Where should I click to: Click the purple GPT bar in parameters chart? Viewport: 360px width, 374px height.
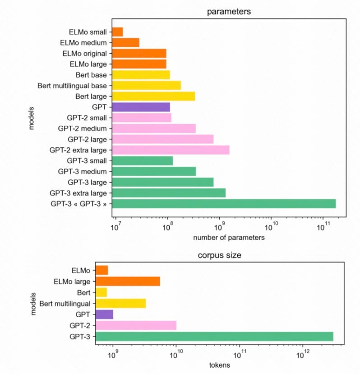140,107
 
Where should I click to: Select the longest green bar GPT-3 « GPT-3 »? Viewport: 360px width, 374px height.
223,204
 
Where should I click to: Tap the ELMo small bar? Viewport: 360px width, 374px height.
117,32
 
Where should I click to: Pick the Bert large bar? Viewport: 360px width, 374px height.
153,96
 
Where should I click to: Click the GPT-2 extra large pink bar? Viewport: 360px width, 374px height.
170,150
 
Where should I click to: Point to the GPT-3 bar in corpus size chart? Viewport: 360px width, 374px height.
214,336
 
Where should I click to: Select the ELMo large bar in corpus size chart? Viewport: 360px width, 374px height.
128,281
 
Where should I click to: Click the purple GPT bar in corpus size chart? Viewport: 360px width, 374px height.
104,314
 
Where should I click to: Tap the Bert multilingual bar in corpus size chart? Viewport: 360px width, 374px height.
120,303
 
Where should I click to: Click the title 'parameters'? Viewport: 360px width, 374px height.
228,11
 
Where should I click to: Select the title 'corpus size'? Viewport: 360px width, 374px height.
220,255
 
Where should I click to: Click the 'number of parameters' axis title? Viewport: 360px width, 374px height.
228,237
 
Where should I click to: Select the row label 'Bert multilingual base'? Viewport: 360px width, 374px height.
72,86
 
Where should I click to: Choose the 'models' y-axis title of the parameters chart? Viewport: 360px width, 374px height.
32,118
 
